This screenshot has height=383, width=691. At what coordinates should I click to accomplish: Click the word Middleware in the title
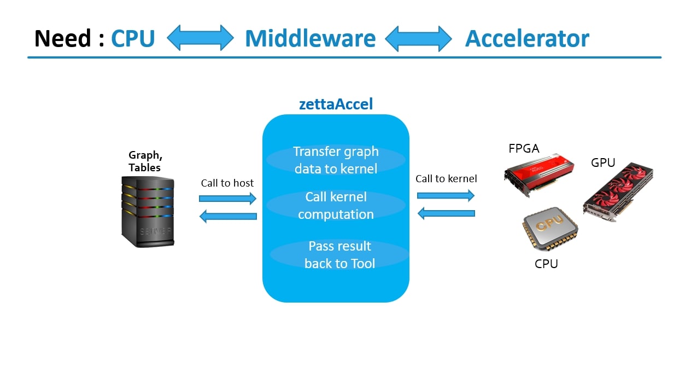[311, 39]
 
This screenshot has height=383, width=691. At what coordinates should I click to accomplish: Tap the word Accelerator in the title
[527, 39]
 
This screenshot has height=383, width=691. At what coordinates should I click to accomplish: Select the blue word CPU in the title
[133, 39]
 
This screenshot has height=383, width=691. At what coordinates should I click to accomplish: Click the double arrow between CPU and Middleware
[200, 38]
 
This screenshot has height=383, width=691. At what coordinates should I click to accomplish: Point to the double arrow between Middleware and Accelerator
[419, 39]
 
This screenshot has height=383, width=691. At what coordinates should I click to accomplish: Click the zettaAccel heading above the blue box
[336, 104]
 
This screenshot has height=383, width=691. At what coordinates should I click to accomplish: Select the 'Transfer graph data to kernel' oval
[336, 160]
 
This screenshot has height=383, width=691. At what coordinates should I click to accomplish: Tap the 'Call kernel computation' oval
[336, 206]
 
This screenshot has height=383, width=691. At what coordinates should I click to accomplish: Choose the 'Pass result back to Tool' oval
[339, 254]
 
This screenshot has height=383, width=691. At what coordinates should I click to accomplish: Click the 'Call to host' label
[227, 183]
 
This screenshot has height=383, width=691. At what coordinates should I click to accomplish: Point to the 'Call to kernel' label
[446, 179]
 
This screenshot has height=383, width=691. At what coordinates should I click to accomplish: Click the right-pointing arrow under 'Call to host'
[227, 199]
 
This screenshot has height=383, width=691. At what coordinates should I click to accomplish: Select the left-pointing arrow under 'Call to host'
[229, 216]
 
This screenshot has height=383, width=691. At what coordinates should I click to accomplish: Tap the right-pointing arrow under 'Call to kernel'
[446, 195]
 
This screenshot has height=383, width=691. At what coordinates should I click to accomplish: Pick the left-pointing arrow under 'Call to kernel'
[446, 213]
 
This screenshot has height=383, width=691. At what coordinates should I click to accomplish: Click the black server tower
[148, 212]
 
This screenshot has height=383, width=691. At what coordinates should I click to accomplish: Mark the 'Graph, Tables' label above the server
[145, 161]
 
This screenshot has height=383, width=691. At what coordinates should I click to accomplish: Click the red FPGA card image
[539, 175]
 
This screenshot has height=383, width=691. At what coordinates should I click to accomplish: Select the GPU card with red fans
[618, 191]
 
